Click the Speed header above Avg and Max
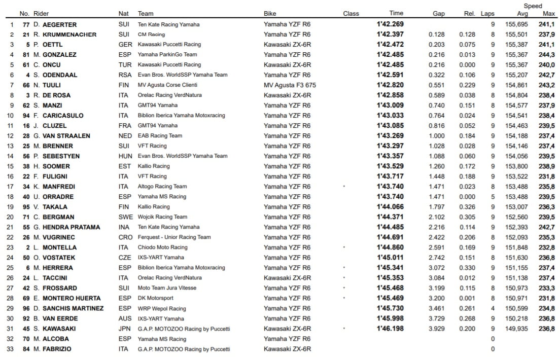533,6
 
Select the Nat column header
123,14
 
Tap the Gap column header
439,14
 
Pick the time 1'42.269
390,24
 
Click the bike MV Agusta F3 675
290,85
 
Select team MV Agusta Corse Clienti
167,85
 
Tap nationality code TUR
124,65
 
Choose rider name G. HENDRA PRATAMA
67,227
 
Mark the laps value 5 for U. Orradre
493,197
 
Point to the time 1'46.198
390,329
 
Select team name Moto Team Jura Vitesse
167,288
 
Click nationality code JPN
124,329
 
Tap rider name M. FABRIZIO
53,349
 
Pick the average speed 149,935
516,329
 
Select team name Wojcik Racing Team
162,217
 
